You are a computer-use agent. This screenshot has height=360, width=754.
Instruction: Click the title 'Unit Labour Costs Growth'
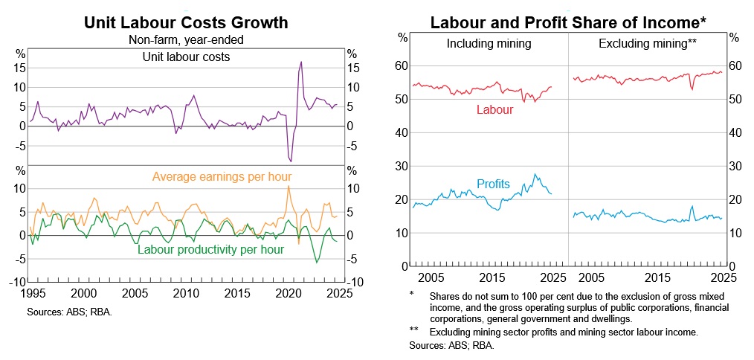point(186,22)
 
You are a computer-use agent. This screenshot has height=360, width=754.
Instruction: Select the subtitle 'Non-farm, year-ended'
point(186,40)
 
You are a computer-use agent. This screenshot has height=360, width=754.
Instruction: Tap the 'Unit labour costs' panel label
point(186,57)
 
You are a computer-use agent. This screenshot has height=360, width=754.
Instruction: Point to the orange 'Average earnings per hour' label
point(222,177)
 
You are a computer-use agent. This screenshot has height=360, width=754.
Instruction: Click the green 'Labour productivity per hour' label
point(211,250)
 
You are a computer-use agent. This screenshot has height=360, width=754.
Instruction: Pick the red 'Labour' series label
point(494,110)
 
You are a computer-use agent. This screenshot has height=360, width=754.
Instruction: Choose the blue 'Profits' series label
point(493,184)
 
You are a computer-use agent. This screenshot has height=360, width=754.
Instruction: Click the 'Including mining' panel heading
point(489,44)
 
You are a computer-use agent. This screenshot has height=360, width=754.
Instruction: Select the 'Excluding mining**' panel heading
point(647,44)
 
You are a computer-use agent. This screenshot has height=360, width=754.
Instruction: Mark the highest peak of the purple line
point(301,62)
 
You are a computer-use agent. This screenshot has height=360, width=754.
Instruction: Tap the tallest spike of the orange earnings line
point(289,186)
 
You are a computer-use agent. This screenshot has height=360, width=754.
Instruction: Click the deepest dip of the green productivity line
point(317,262)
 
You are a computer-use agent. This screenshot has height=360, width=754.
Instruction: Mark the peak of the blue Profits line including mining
point(535,175)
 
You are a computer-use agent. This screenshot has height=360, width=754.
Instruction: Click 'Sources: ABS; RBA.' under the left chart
point(70,312)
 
